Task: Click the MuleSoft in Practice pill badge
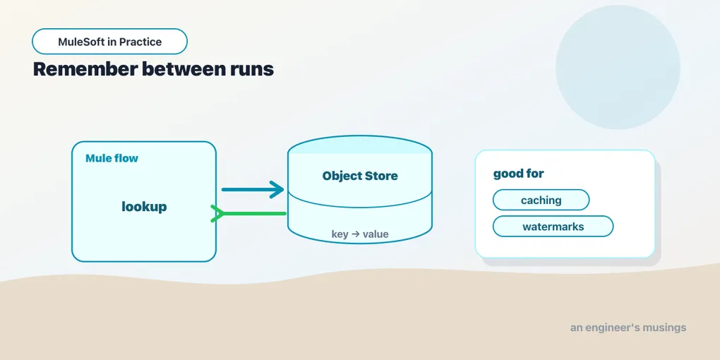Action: pos(109,42)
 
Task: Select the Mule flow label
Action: pos(112,159)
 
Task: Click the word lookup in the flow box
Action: pos(144,207)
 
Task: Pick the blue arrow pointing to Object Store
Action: pos(253,189)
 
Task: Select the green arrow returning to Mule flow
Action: pos(248,213)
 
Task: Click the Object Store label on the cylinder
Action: pos(360,176)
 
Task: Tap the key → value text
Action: pos(360,234)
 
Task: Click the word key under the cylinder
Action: pos(340,234)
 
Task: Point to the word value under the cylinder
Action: pos(376,234)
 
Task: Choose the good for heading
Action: pos(518,174)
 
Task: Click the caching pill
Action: pos(541,200)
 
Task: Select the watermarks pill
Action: pos(553,227)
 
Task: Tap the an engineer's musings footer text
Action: pos(628,328)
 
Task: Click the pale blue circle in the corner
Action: pos(618,67)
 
